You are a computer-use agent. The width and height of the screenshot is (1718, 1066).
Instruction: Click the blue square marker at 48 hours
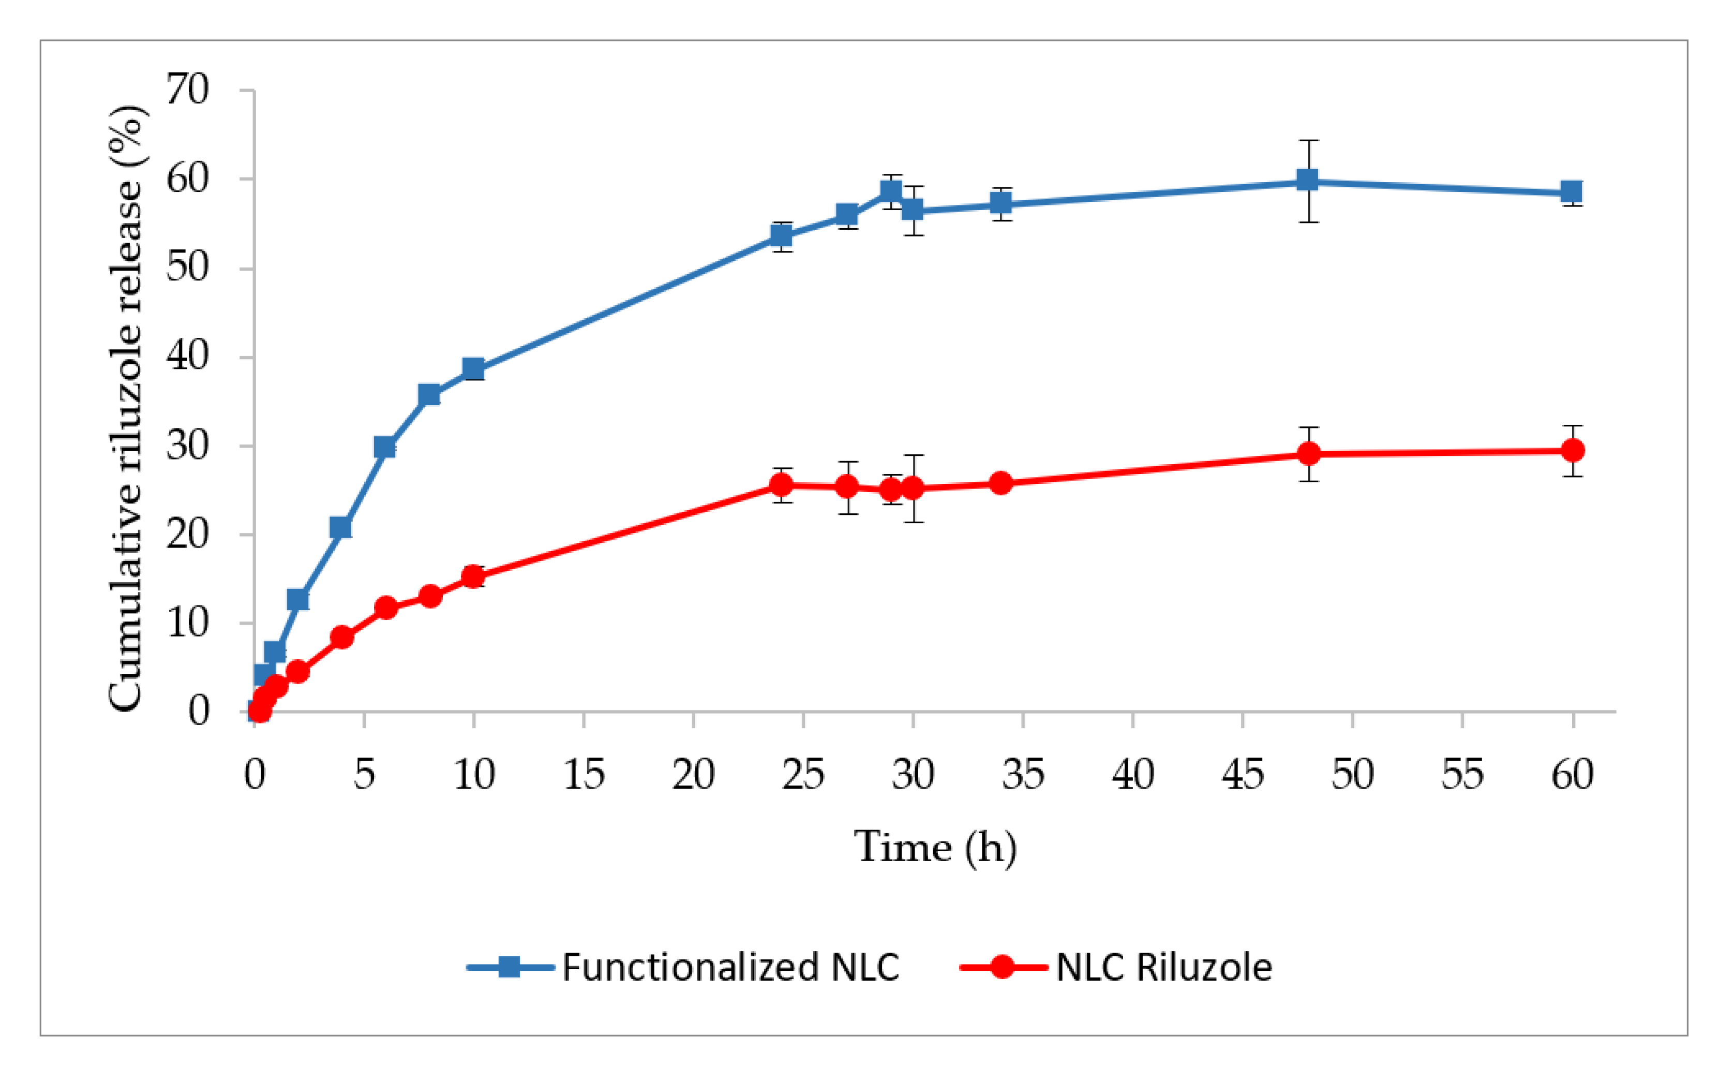pos(1307,181)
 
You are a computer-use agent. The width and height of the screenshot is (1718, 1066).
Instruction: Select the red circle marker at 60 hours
pos(1572,450)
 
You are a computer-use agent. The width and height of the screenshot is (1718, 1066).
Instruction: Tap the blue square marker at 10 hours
pos(473,369)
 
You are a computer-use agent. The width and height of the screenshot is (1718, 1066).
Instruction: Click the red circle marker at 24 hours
pos(781,484)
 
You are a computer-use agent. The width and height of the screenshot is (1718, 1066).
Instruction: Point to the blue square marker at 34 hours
pos(1000,204)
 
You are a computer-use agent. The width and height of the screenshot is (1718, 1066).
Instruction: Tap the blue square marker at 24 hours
pos(781,235)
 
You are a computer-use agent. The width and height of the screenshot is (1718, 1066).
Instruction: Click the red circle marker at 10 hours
pos(473,576)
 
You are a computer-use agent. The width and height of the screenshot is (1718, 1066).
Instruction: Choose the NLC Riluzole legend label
pos(1163,967)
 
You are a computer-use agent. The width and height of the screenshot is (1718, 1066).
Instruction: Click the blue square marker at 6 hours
pos(385,447)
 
